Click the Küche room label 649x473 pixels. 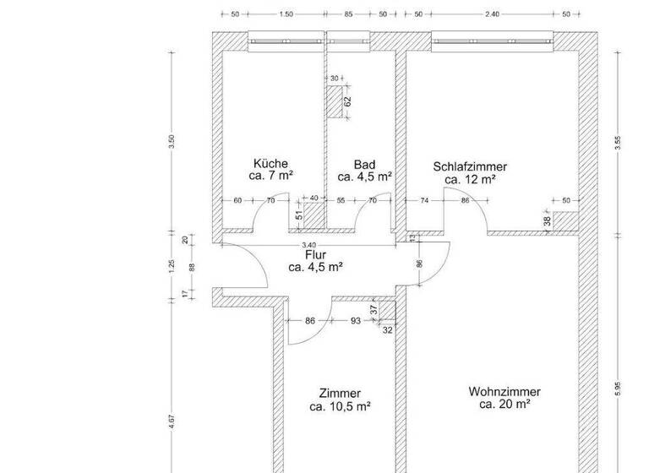270,163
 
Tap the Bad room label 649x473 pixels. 364,164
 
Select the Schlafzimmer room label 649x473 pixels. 470,166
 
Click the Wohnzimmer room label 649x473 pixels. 504,392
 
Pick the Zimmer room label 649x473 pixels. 341,394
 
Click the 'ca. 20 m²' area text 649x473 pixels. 504,405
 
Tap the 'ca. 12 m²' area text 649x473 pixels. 470,179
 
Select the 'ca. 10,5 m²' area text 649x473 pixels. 341,406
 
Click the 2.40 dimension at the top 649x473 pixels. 492,14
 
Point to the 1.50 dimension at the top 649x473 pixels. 286,14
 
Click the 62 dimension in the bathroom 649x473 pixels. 346,101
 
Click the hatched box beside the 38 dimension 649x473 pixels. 565,220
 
